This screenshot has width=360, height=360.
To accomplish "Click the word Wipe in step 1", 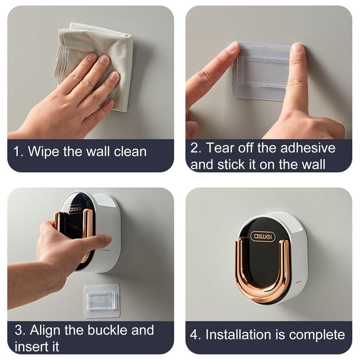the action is [x=43, y=152].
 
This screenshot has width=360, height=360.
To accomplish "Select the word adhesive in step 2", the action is [x=308, y=148].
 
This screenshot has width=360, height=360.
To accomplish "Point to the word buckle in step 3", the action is [x=107, y=330].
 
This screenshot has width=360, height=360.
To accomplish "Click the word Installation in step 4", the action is [x=238, y=334].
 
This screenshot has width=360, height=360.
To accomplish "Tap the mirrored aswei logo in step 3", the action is [x=75, y=209].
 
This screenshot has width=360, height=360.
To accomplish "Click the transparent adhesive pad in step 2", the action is [x=262, y=72].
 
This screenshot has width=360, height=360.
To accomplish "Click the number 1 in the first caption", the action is [x=17, y=152].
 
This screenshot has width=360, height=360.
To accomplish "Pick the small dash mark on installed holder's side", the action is [x=298, y=282].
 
